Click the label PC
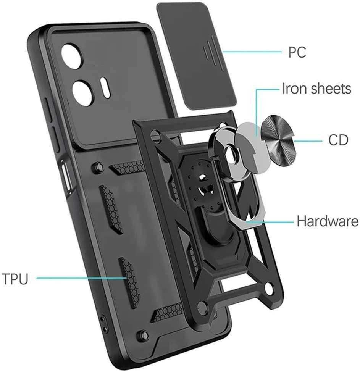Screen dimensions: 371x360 (x=297, y=52)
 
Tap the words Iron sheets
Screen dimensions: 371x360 (x=316, y=89)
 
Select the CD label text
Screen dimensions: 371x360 (x=338, y=140)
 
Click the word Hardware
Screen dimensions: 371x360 (x=328, y=221)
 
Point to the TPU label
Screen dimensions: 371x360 (x=15, y=279)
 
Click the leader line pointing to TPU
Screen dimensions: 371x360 (x=82, y=278)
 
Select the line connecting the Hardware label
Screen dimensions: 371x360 (x=271, y=221)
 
